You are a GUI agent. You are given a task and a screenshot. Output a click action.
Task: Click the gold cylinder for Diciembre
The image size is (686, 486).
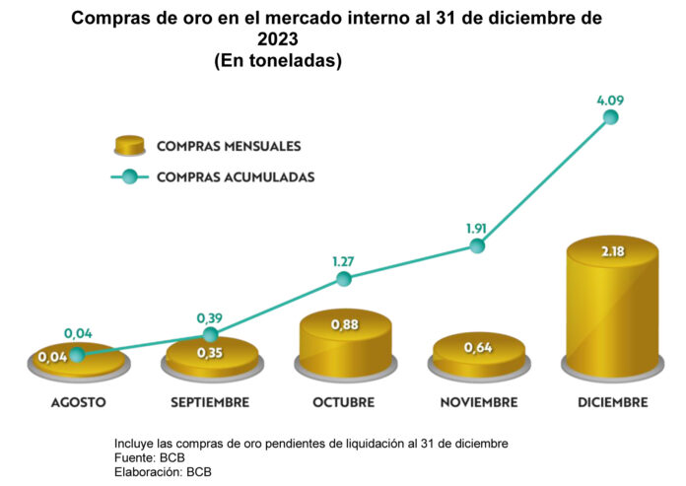pyautogui.click(x=612, y=307)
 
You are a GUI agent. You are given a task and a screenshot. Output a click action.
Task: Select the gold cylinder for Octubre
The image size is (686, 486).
pyautogui.click(x=345, y=343)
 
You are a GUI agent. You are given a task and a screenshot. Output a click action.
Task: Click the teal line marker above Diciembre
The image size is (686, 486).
pyautogui.click(x=610, y=117)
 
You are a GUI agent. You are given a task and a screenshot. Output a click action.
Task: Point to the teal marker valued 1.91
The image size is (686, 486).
pyautogui.click(x=477, y=245)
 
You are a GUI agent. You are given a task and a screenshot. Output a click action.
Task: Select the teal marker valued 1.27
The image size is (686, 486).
pyautogui.click(x=344, y=278)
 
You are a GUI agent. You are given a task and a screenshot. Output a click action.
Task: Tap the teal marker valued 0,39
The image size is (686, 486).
pyautogui.click(x=211, y=335)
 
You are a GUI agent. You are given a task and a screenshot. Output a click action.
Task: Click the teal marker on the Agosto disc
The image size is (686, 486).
pyautogui.click(x=77, y=355)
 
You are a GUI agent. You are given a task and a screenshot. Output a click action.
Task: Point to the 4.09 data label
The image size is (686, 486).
pyautogui.click(x=610, y=101)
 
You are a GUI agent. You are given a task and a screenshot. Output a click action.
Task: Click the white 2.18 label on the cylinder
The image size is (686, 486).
pyautogui.click(x=612, y=251)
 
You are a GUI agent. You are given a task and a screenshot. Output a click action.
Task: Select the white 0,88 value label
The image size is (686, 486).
pyautogui.click(x=345, y=324)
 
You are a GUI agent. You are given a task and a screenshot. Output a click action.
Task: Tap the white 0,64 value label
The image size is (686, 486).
pyautogui.click(x=478, y=348)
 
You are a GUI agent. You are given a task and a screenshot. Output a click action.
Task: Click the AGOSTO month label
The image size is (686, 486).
pyautogui.click(x=79, y=402)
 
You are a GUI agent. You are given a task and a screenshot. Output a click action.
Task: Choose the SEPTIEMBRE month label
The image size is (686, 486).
pyautogui.click(x=210, y=402)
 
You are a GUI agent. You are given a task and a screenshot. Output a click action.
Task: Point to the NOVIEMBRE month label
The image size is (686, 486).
pyautogui.click(x=479, y=402)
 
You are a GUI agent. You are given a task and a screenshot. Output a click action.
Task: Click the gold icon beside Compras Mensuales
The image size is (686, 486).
pyautogui.click(x=129, y=146)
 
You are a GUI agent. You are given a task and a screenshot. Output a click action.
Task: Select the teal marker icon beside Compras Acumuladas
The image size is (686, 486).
pyautogui.click(x=129, y=176)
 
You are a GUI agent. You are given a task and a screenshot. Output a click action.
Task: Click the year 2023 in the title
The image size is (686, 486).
pyautogui.click(x=277, y=39)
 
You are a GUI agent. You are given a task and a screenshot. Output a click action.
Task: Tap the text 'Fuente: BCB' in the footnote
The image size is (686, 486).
pyautogui.click(x=150, y=458)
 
